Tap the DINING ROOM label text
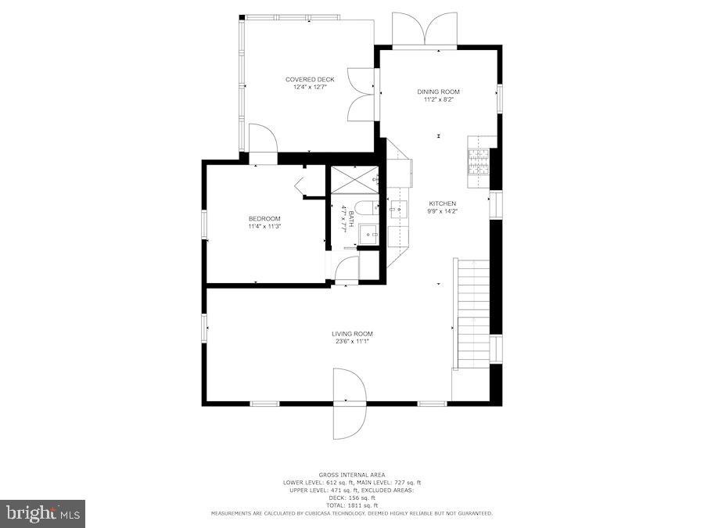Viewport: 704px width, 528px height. click(438, 92)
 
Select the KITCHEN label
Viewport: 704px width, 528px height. click(441, 203)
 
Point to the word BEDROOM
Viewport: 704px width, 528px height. click(264, 218)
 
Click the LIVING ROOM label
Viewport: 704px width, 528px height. click(352, 333)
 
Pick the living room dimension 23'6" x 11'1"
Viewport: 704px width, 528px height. click(352, 341)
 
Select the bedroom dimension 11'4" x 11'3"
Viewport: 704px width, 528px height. click(264, 227)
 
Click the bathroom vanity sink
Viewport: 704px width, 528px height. click(370, 232)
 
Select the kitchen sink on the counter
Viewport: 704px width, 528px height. click(399, 209)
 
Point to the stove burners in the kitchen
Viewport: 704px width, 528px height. click(478, 161)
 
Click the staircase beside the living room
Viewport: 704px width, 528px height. click(473, 313)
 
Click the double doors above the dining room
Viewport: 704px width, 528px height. click(424, 30)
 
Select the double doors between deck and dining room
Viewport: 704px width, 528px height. click(363, 94)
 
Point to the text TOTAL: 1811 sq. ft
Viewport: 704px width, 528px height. click(352, 505)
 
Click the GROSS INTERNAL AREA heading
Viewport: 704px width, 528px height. click(352, 475)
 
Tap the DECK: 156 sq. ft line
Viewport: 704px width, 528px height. click(352, 497)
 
